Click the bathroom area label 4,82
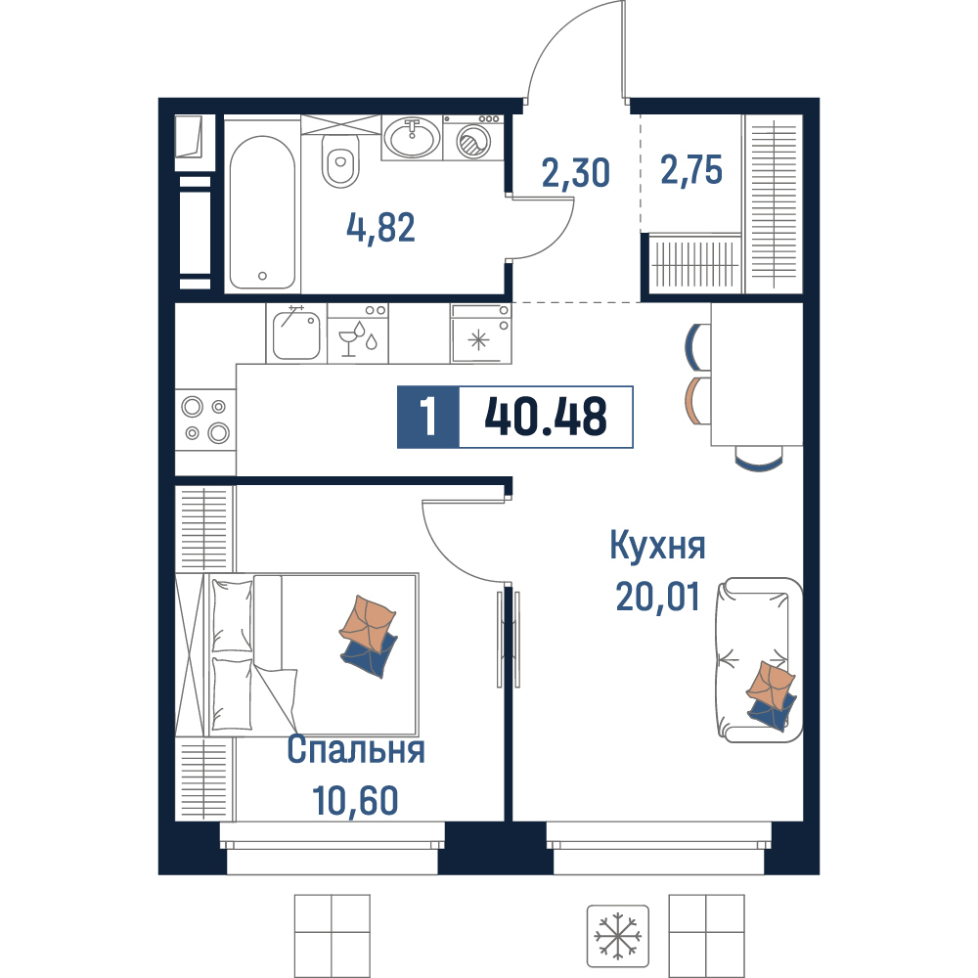tap(380, 227)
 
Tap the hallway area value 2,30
tap(575, 173)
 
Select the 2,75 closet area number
tap(691, 169)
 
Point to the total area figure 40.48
tap(545, 417)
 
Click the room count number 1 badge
tap(428, 417)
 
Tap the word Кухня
tap(657, 547)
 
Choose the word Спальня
tap(356, 749)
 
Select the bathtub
tap(262, 212)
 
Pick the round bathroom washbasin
tap(412, 138)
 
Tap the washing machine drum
tap(473, 141)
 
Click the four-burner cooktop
tap(205, 420)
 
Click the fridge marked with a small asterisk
tap(480, 333)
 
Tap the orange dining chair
tap(697, 400)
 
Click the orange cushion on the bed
tap(368, 624)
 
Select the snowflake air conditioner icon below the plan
tap(617, 936)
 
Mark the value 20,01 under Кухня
tap(657, 597)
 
